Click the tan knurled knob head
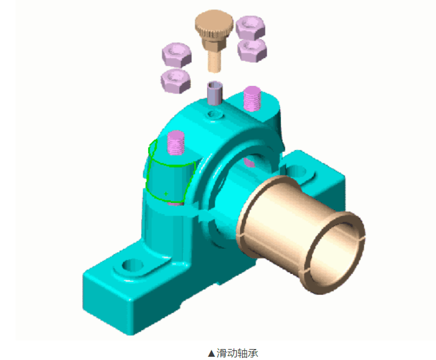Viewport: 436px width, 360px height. [213, 25]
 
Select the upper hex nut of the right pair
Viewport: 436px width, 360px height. [250, 27]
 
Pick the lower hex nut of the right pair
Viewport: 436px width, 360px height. [252, 50]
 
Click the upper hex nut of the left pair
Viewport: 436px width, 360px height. [177, 55]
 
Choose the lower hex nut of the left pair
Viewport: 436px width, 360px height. [175, 81]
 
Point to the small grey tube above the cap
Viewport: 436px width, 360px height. [215, 93]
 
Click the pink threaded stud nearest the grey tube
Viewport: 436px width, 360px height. [252, 99]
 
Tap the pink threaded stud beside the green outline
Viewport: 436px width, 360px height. [176, 143]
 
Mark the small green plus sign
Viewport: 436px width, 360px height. [166, 194]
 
